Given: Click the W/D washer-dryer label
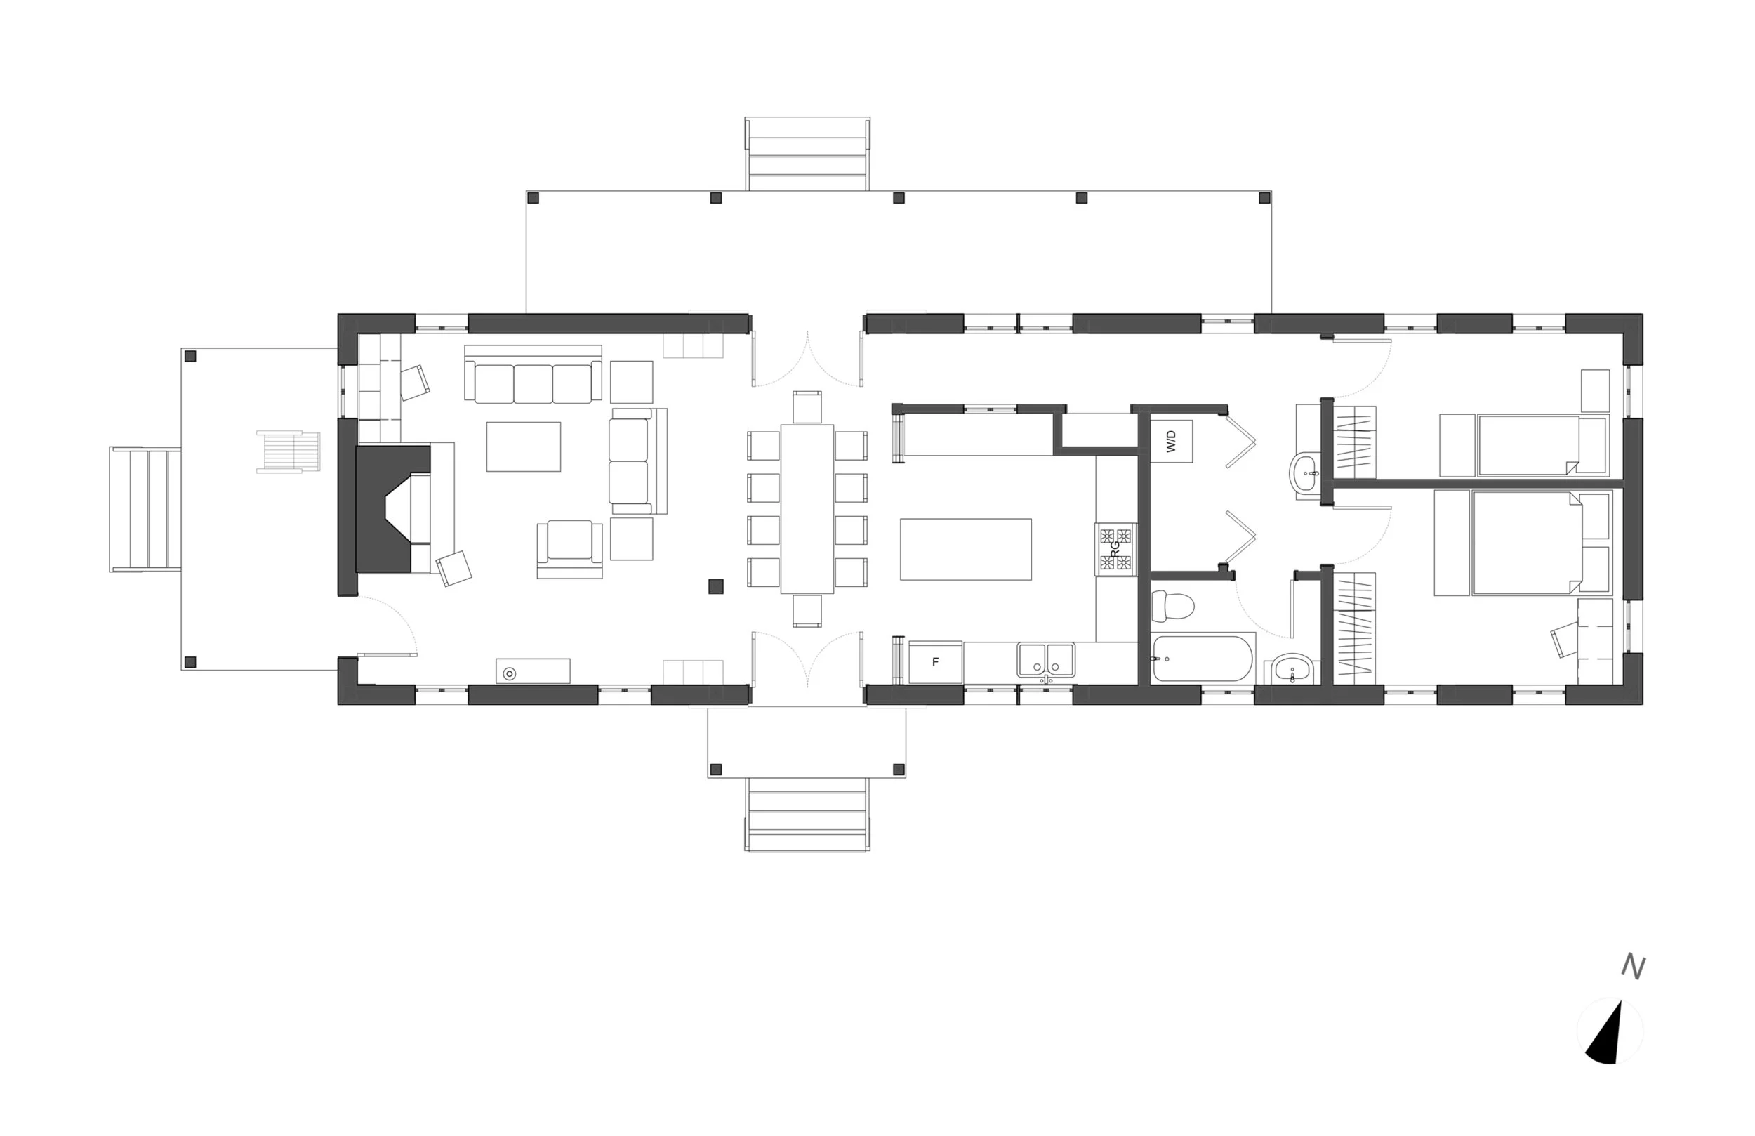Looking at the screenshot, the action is point(1171,441).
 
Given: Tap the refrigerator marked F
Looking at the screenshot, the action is point(936,661).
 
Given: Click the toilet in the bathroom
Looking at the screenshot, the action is point(1173,607).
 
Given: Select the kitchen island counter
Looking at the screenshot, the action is point(965,549).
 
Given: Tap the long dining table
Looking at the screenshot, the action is point(807,509).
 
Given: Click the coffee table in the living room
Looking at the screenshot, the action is point(524,447).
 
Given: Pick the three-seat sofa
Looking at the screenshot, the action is point(532,374).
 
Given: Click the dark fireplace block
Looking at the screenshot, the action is point(383,508).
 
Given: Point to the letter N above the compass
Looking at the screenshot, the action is point(1634,967).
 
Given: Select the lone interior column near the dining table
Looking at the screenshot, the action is point(715,586).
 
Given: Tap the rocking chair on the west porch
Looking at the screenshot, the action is point(289,451).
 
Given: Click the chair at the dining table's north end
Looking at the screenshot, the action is point(807,407).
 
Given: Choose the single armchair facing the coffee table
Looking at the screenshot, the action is point(569,549).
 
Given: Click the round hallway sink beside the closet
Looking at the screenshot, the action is point(1307,471).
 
